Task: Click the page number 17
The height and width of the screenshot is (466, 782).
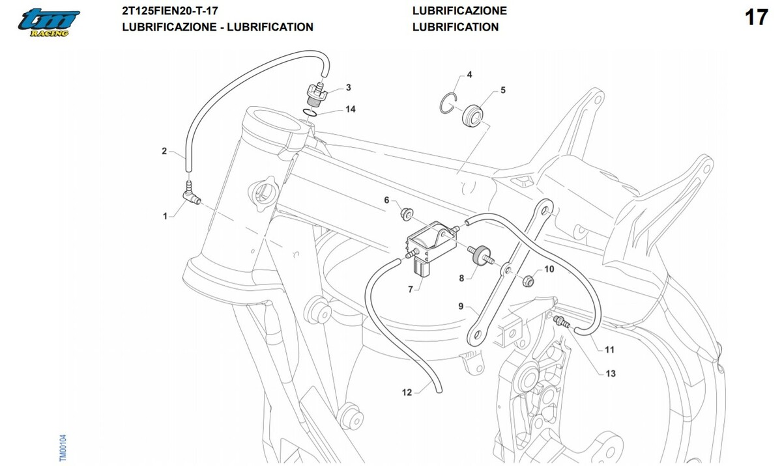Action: (x=756, y=17)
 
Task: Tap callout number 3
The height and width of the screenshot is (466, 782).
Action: (x=349, y=87)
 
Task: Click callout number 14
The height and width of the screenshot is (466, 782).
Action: (x=351, y=109)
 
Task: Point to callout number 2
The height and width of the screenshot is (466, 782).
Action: (x=165, y=152)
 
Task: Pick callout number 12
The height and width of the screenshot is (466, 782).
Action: (x=407, y=392)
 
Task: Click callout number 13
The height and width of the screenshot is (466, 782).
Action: (x=611, y=374)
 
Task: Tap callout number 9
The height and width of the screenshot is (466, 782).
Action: (x=461, y=307)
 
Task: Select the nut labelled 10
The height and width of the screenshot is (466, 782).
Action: (x=529, y=281)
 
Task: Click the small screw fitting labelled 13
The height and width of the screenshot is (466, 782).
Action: (x=560, y=321)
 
